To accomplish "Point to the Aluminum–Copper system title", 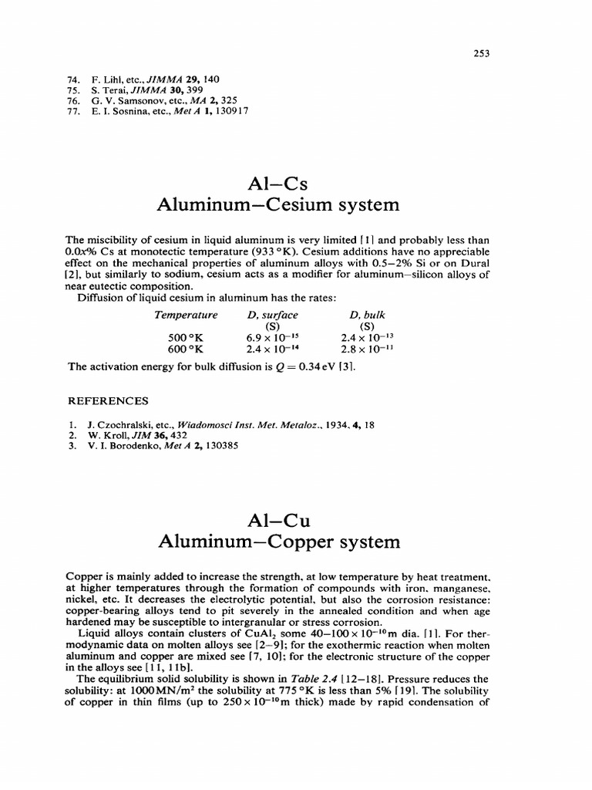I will pyautogui.click(x=279, y=542).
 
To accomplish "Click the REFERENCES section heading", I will pyautogui.click(x=109, y=401).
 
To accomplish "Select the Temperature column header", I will pyautogui.click(x=187, y=315).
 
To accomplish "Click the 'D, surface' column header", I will pyautogui.click(x=272, y=315).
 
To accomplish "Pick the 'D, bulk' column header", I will pyautogui.click(x=367, y=315).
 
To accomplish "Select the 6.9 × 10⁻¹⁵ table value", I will pyautogui.click(x=272, y=337).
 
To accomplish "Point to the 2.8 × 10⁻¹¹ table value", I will pyautogui.click(x=367, y=348).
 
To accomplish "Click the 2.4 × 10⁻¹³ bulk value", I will pyautogui.click(x=367, y=337).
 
